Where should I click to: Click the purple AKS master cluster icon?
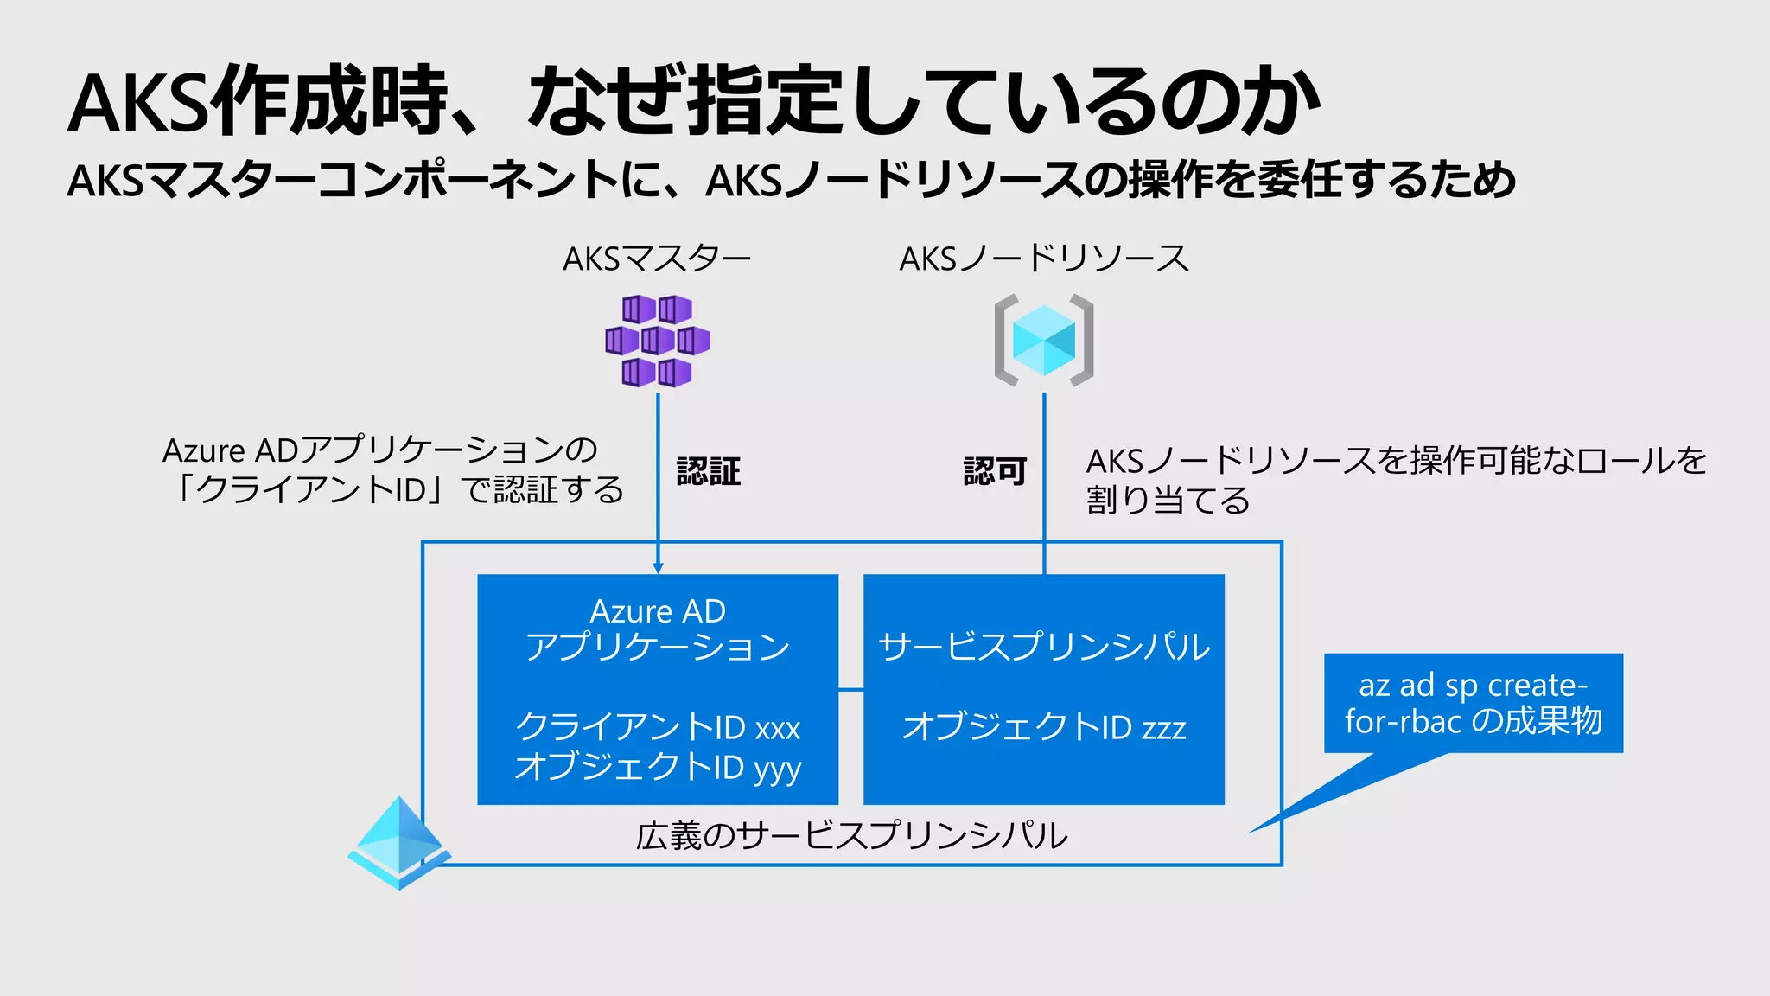coord(658,341)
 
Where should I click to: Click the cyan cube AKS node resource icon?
coord(1044,340)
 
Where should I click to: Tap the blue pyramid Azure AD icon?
coord(398,843)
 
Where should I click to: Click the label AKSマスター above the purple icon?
coord(657,259)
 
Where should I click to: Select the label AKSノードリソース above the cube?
coord(1044,259)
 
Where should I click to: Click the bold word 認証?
coord(709,472)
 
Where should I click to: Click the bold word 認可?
coord(995,472)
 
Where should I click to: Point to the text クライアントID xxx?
coord(658,727)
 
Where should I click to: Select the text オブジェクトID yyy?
coord(658,767)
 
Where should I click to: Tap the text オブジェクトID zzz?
coord(1044,727)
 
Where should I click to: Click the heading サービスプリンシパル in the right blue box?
coord(1044,647)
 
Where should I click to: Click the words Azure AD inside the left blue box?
coord(658,611)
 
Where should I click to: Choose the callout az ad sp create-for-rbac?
coord(1473,703)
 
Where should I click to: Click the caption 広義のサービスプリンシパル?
coord(852,836)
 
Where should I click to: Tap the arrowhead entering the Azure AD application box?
coord(658,568)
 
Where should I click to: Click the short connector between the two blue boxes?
coord(851,690)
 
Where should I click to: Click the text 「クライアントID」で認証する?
coord(398,490)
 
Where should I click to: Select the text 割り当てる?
coord(1168,501)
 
